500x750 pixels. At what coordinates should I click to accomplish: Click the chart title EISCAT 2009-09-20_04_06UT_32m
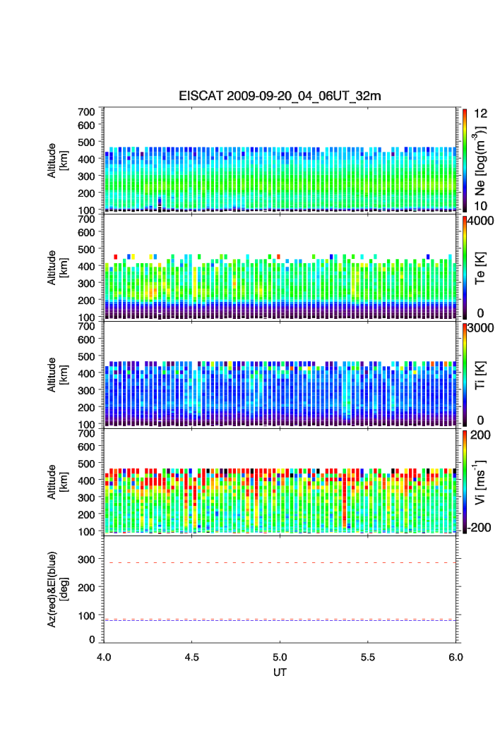[x=281, y=96]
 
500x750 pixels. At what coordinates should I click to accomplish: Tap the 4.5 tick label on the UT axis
[x=193, y=655]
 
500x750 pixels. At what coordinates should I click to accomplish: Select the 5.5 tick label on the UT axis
[x=369, y=655]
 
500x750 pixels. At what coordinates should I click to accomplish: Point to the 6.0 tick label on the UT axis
[x=456, y=655]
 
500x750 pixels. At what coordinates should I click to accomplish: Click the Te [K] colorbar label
[x=482, y=269]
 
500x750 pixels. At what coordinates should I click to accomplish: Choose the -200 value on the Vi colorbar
[x=480, y=528]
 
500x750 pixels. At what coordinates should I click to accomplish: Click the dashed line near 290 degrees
[x=281, y=562]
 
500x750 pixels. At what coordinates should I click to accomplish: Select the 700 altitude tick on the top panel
[x=87, y=111]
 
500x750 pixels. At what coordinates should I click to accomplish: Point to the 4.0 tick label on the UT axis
[x=105, y=655]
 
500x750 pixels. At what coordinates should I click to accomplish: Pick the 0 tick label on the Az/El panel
[x=92, y=639]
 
